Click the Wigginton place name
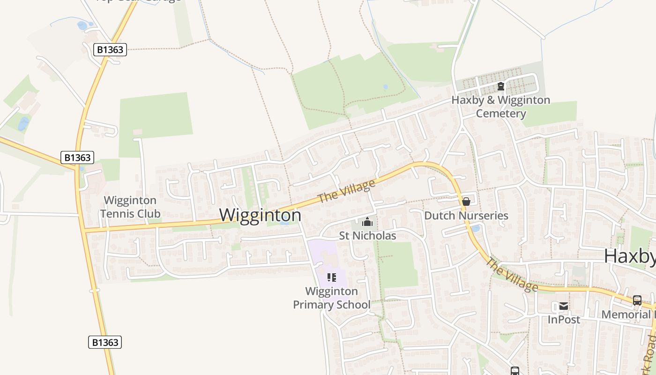(261, 215)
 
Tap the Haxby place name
(629, 256)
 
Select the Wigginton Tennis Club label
(130, 207)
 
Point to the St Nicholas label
(367, 235)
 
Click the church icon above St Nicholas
(367, 222)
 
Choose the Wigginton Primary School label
(332, 298)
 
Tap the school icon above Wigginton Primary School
(332, 277)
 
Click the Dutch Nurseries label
(466, 216)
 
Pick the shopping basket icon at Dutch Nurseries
(466, 202)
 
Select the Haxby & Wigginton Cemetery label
(501, 107)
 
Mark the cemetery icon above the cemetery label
(501, 86)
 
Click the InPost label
(564, 320)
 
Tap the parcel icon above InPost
(564, 306)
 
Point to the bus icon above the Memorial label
(637, 300)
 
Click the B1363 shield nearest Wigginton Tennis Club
(77, 157)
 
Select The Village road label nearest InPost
(512, 274)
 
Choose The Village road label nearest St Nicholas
(347, 191)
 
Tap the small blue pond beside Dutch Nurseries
(476, 229)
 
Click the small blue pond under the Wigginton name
(284, 222)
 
